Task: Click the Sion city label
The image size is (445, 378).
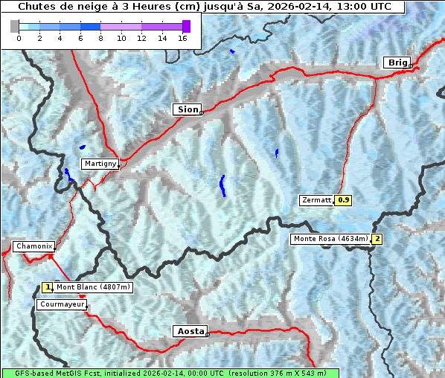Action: coord(188,109)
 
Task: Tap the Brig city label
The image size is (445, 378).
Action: coord(396,63)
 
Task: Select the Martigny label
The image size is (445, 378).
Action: coord(100,164)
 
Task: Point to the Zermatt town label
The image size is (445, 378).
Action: coord(316,200)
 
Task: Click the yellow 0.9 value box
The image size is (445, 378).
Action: coord(343,200)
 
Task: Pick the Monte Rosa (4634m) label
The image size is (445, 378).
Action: coord(330,239)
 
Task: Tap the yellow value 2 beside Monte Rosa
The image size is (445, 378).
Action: coord(377,239)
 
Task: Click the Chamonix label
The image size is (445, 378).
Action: coord(33,246)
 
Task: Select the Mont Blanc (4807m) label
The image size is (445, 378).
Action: coord(93,287)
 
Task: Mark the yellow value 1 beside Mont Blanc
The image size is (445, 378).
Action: coord(48,287)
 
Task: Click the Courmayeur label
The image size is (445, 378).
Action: coord(61,304)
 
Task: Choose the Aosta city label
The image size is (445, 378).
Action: coord(189,331)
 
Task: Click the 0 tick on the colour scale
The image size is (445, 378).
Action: coord(19,39)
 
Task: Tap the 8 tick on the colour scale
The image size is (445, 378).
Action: coord(100,39)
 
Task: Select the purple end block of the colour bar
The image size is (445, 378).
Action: coord(186,26)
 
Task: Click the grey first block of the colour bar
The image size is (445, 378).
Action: coord(15,26)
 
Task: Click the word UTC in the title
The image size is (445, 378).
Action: coord(380,7)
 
